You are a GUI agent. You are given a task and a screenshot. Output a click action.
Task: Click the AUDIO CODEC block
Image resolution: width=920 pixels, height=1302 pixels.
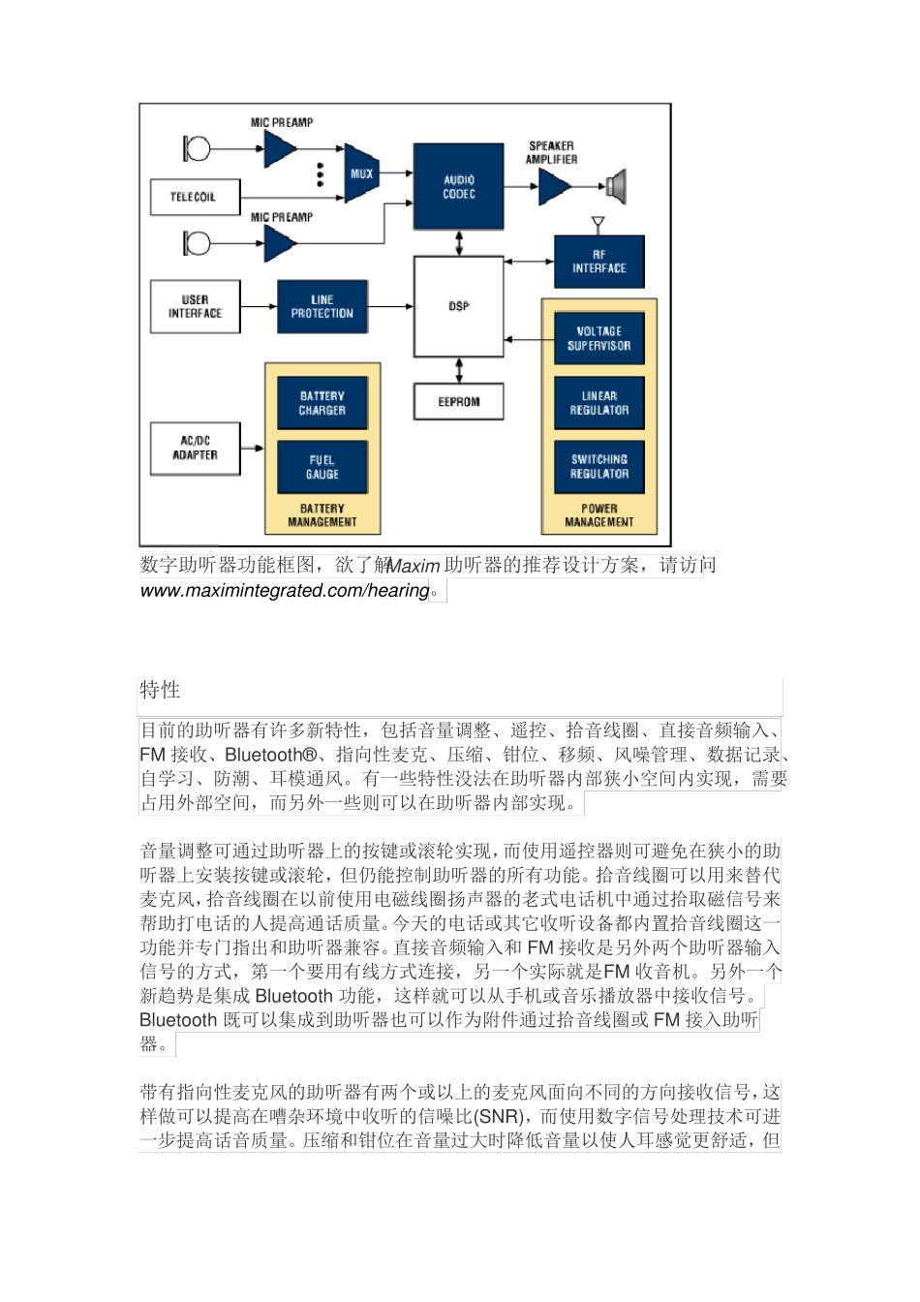[x=458, y=187]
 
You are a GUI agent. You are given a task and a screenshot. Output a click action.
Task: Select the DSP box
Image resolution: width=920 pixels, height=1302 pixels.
[x=458, y=306]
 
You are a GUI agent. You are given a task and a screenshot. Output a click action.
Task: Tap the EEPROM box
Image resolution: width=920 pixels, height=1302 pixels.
[x=458, y=401]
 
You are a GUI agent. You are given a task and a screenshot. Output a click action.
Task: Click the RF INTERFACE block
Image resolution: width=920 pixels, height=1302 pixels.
[x=598, y=262]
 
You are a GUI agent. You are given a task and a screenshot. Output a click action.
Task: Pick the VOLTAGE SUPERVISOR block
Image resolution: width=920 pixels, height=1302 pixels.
[x=598, y=338]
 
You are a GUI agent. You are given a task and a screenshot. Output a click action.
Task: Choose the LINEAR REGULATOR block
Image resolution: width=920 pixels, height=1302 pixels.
[x=598, y=403]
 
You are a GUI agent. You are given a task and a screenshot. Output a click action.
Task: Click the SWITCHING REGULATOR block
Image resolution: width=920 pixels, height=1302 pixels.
[x=598, y=467]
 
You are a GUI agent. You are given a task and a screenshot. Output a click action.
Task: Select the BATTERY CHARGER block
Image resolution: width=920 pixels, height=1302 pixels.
[x=322, y=403]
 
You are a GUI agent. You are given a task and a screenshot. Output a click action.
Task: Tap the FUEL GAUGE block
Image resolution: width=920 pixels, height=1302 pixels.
[x=322, y=467]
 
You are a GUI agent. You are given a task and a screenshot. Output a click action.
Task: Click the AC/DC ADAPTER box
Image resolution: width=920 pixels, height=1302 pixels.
[x=195, y=449]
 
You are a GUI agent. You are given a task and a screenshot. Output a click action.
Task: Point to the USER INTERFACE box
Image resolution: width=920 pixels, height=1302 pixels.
[x=195, y=306]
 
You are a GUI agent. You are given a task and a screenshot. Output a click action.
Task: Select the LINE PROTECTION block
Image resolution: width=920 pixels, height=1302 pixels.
[x=322, y=306]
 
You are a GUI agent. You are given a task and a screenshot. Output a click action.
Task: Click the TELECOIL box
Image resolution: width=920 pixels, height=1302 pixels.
[x=194, y=197]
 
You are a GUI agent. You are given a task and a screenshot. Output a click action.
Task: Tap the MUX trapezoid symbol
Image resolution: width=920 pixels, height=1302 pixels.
[x=361, y=173]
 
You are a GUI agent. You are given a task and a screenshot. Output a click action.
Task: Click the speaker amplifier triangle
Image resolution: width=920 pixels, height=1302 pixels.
[x=554, y=187]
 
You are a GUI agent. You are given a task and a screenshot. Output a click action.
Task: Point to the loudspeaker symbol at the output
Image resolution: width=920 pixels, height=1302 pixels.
[x=617, y=186]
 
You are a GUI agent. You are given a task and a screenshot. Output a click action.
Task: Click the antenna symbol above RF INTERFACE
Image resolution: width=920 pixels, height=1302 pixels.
[x=598, y=225]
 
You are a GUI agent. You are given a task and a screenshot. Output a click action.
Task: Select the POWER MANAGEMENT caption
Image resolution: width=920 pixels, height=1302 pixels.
[x=598, y=515]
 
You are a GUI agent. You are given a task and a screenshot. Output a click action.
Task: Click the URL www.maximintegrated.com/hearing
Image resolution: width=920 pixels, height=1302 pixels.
[x=285, y=591]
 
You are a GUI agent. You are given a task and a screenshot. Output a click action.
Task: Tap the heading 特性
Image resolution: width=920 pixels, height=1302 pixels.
[x=160, y=690]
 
